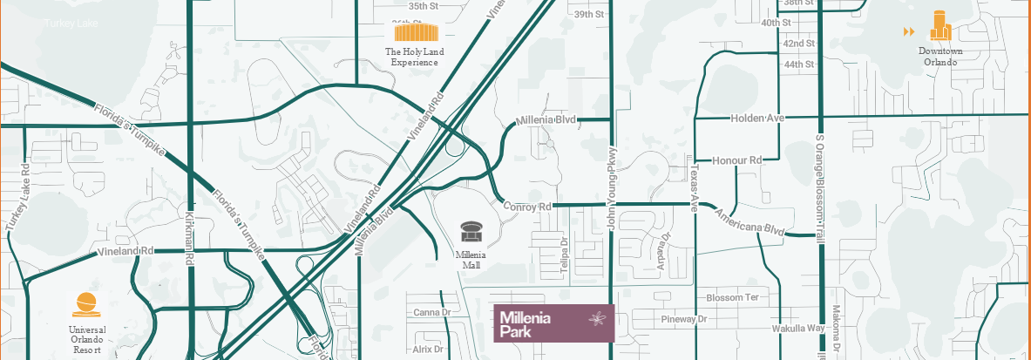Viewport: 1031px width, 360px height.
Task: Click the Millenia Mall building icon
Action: point(471,232)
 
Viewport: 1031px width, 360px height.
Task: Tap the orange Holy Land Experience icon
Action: point(414,33)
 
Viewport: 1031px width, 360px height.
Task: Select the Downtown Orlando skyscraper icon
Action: point(939,26)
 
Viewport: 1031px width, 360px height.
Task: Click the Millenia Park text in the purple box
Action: point(526,323)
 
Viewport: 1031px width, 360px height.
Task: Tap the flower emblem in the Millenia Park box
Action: point(597,319)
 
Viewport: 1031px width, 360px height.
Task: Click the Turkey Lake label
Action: point(70,23)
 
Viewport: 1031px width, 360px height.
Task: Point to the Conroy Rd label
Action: point(528,207)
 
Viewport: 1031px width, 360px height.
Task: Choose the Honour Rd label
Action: point(736,160)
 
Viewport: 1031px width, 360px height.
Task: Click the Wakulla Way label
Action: point(797,329)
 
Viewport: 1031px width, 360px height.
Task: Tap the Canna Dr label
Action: point(431,312)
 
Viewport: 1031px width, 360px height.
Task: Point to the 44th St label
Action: point(798,65)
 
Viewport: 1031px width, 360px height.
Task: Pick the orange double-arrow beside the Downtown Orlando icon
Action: point(909,32)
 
